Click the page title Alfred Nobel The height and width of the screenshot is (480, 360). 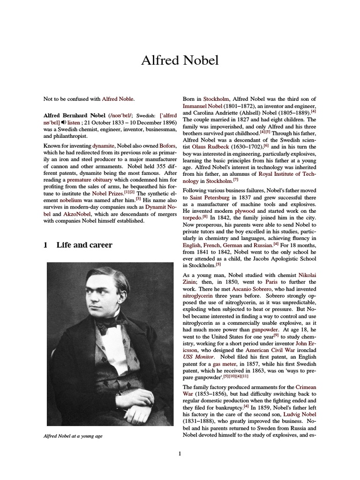(180, 61)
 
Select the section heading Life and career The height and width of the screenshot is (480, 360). (84, 245)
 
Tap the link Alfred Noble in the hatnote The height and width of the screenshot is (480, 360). (118, 99)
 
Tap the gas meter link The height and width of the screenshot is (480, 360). (226, 364)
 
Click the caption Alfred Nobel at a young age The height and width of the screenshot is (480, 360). (73, 436)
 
